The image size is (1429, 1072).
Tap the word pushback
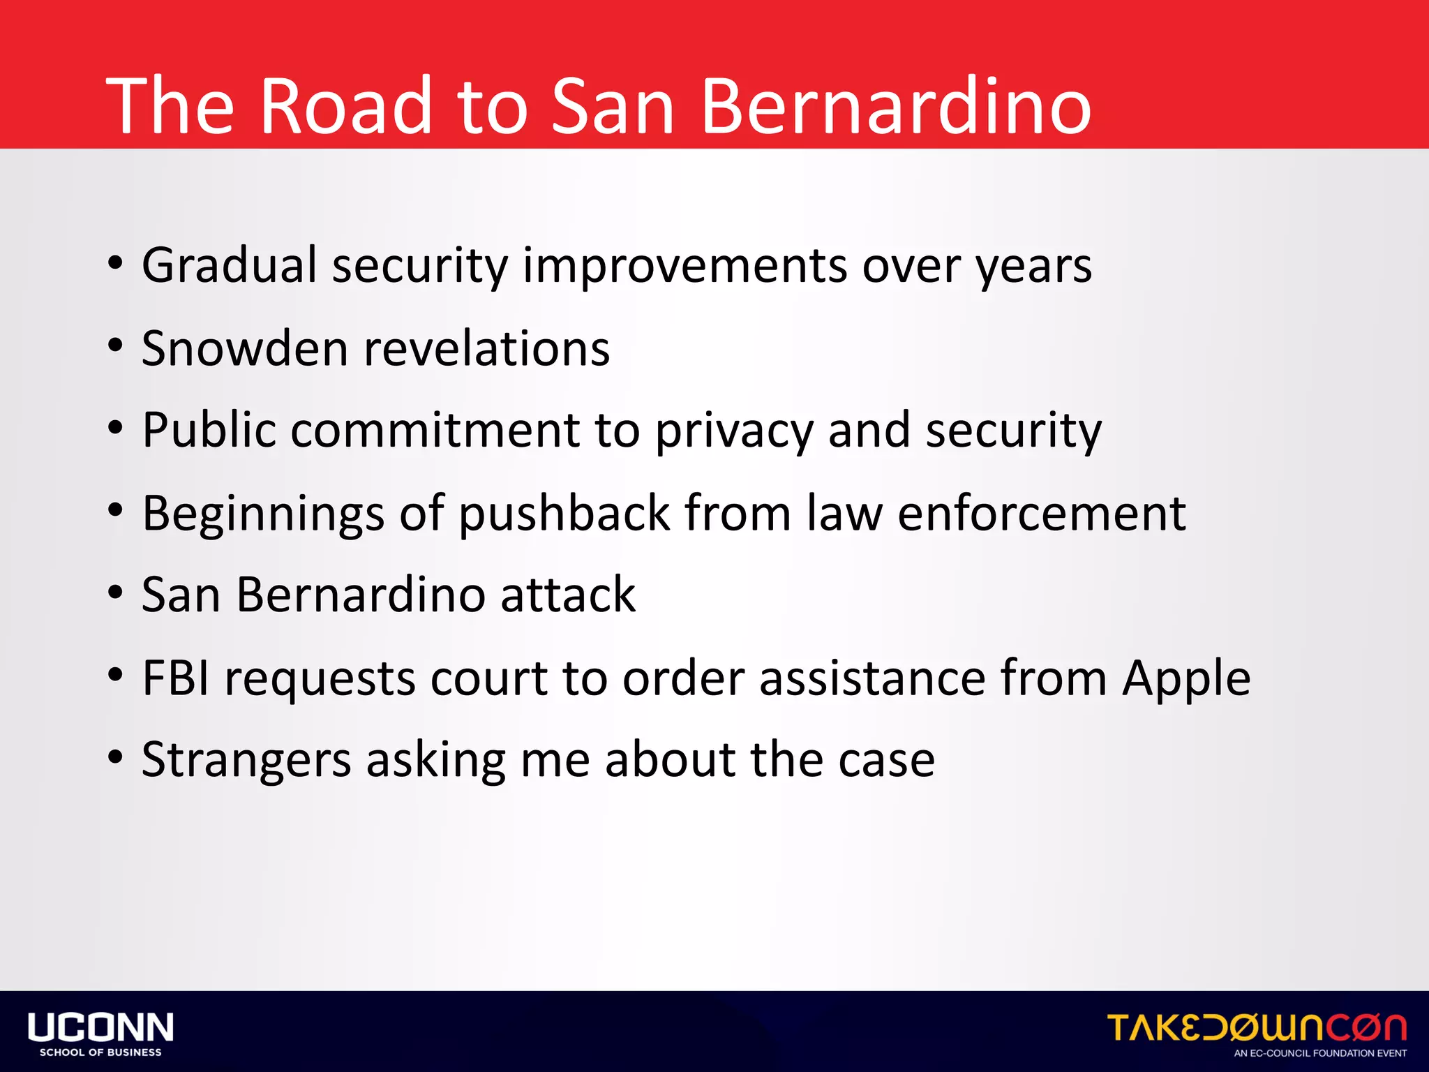[x=564, y=514]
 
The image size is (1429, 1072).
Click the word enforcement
[x=1041, y=514]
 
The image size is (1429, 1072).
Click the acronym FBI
[x=175, y=678]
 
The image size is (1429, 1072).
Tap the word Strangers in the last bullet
[x=246, y=761]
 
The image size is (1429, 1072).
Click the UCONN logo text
[x=100, y=1027]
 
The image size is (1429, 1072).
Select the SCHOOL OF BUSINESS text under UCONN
[x=100, y=1052]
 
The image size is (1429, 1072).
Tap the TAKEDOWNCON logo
[x=1256, y=1028]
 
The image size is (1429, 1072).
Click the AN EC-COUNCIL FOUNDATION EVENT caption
[x=1320, y=1053]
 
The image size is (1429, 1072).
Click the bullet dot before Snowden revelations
[x=116, y=345]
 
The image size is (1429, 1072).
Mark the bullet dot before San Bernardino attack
[x=116, y=593]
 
